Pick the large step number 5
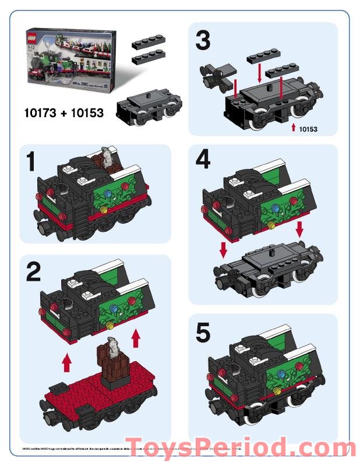click(204, 334)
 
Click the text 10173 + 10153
click(64, 112)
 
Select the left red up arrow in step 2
click(67, 362)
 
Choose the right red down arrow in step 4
click(299, 228)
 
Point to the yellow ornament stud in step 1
click(104, 208)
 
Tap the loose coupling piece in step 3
click(215, 76)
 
